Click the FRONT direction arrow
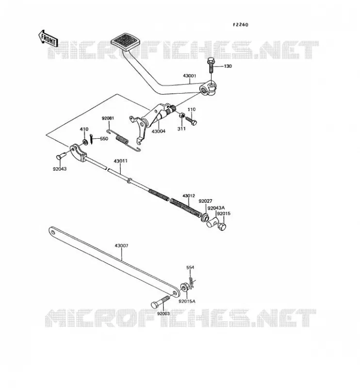(48, 39)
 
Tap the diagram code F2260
(241, 25)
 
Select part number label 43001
(189, 76)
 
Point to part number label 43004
(158, 131)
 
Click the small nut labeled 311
(181, 115)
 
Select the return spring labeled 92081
(124, 140)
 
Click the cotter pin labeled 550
(91, 139)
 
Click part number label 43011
(121, 161)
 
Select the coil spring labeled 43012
(186, 208)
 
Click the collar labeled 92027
(205, 217)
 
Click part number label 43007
(121, 246)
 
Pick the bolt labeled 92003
(160, 302)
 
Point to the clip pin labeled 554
(191, 283)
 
